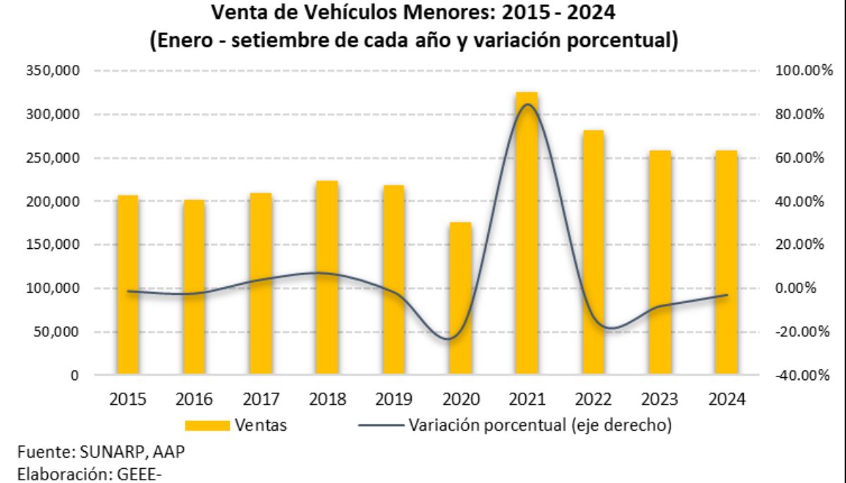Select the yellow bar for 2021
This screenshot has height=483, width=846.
pos(527,233)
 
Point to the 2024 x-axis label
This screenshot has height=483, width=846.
pos(726,399)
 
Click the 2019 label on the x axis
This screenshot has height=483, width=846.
pos(393,399)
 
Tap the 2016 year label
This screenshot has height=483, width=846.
pos(194,399)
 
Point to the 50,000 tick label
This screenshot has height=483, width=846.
pos(58,332)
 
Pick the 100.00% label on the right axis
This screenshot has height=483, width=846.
pos(804,71)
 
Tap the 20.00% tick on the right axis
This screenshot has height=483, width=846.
pos(804,245)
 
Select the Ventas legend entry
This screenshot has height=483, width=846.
pos(235,425)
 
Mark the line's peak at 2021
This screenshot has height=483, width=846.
pos(527,104)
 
